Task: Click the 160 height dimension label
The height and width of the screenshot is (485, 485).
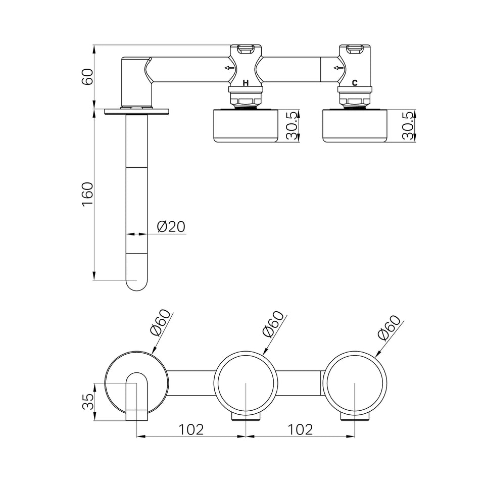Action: click(88, 195)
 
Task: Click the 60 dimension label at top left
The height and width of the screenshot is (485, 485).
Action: click(88, 77)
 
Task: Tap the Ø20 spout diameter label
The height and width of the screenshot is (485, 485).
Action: click(171, 227)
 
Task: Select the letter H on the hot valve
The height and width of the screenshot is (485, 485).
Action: click(246, 83)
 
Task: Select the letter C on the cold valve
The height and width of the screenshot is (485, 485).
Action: click(355, 83)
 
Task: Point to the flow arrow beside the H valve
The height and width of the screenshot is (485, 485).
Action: click(230, 68)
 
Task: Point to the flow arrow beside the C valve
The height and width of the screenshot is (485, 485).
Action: click(338, 68)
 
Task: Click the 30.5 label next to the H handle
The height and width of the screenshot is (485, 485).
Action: click(292, 126)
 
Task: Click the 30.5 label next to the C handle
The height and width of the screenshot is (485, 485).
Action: click(408, 126)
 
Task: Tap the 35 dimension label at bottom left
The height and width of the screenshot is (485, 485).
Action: click(88, 402)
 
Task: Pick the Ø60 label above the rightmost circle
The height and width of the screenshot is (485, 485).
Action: click(390, 327)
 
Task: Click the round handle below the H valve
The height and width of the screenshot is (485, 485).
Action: click(246, 126)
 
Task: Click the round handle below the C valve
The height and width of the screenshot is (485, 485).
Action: click(355, 126)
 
